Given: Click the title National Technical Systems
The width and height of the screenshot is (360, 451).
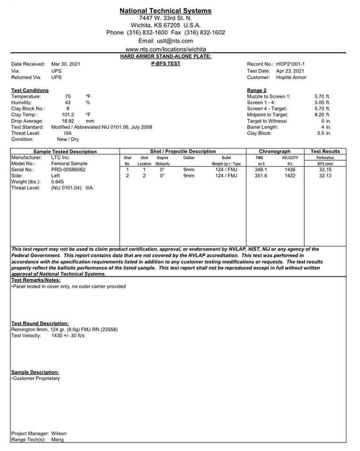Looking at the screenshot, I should [x=166, y=11].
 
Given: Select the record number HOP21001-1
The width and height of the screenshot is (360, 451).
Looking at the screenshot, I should [x=290, y=64].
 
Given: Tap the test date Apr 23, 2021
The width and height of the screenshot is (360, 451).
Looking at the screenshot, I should [x=290, y=71].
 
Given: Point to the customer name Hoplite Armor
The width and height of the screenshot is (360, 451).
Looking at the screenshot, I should [x=291, y=77].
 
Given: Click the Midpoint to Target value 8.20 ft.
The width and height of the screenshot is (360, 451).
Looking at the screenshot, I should [x=323, y=115].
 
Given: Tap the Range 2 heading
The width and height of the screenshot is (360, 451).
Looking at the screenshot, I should [x=256, y=90].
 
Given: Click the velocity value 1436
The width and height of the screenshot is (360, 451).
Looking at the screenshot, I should [x=290, y=169].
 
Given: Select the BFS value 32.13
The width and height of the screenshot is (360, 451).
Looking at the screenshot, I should [x=324, y=176].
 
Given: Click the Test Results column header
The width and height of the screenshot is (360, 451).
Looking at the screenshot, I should [x=325, y=151].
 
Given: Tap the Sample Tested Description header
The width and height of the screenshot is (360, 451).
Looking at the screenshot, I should [x=65, y=151].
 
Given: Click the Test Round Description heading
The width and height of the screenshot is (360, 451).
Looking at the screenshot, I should [x=40, y=324].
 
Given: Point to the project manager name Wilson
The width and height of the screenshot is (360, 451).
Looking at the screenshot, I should [x=59, y=433].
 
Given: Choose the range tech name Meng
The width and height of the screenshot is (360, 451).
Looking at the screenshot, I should [x=57, y=440].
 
